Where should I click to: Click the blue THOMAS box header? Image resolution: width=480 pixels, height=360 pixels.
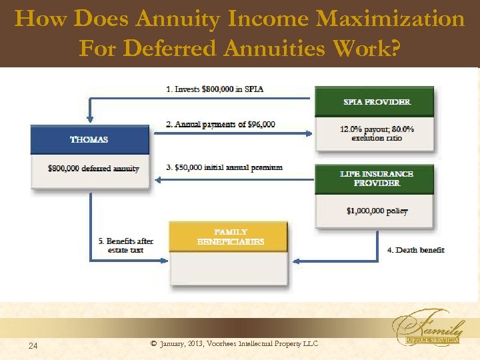pos(89,140)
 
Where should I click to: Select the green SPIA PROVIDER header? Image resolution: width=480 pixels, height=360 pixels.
pos(377,102)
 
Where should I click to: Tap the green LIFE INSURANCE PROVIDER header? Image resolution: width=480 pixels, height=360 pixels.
pos(377,178)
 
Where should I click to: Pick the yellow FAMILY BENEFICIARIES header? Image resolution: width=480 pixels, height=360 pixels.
pos(231,237)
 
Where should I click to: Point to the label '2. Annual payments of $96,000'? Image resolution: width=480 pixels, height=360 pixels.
pos(221,125)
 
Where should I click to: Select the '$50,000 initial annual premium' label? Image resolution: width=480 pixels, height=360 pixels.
pos(225,167)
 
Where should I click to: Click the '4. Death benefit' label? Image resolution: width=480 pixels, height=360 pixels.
pos(415,250)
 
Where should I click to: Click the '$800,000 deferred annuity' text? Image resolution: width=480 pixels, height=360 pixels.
pos(93,169)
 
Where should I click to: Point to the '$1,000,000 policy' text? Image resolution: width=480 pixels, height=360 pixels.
pos(377,211)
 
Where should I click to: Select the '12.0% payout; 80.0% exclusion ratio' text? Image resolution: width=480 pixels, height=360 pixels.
pos(377,133)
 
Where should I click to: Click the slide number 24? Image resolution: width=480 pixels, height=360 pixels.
pos(33,345)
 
